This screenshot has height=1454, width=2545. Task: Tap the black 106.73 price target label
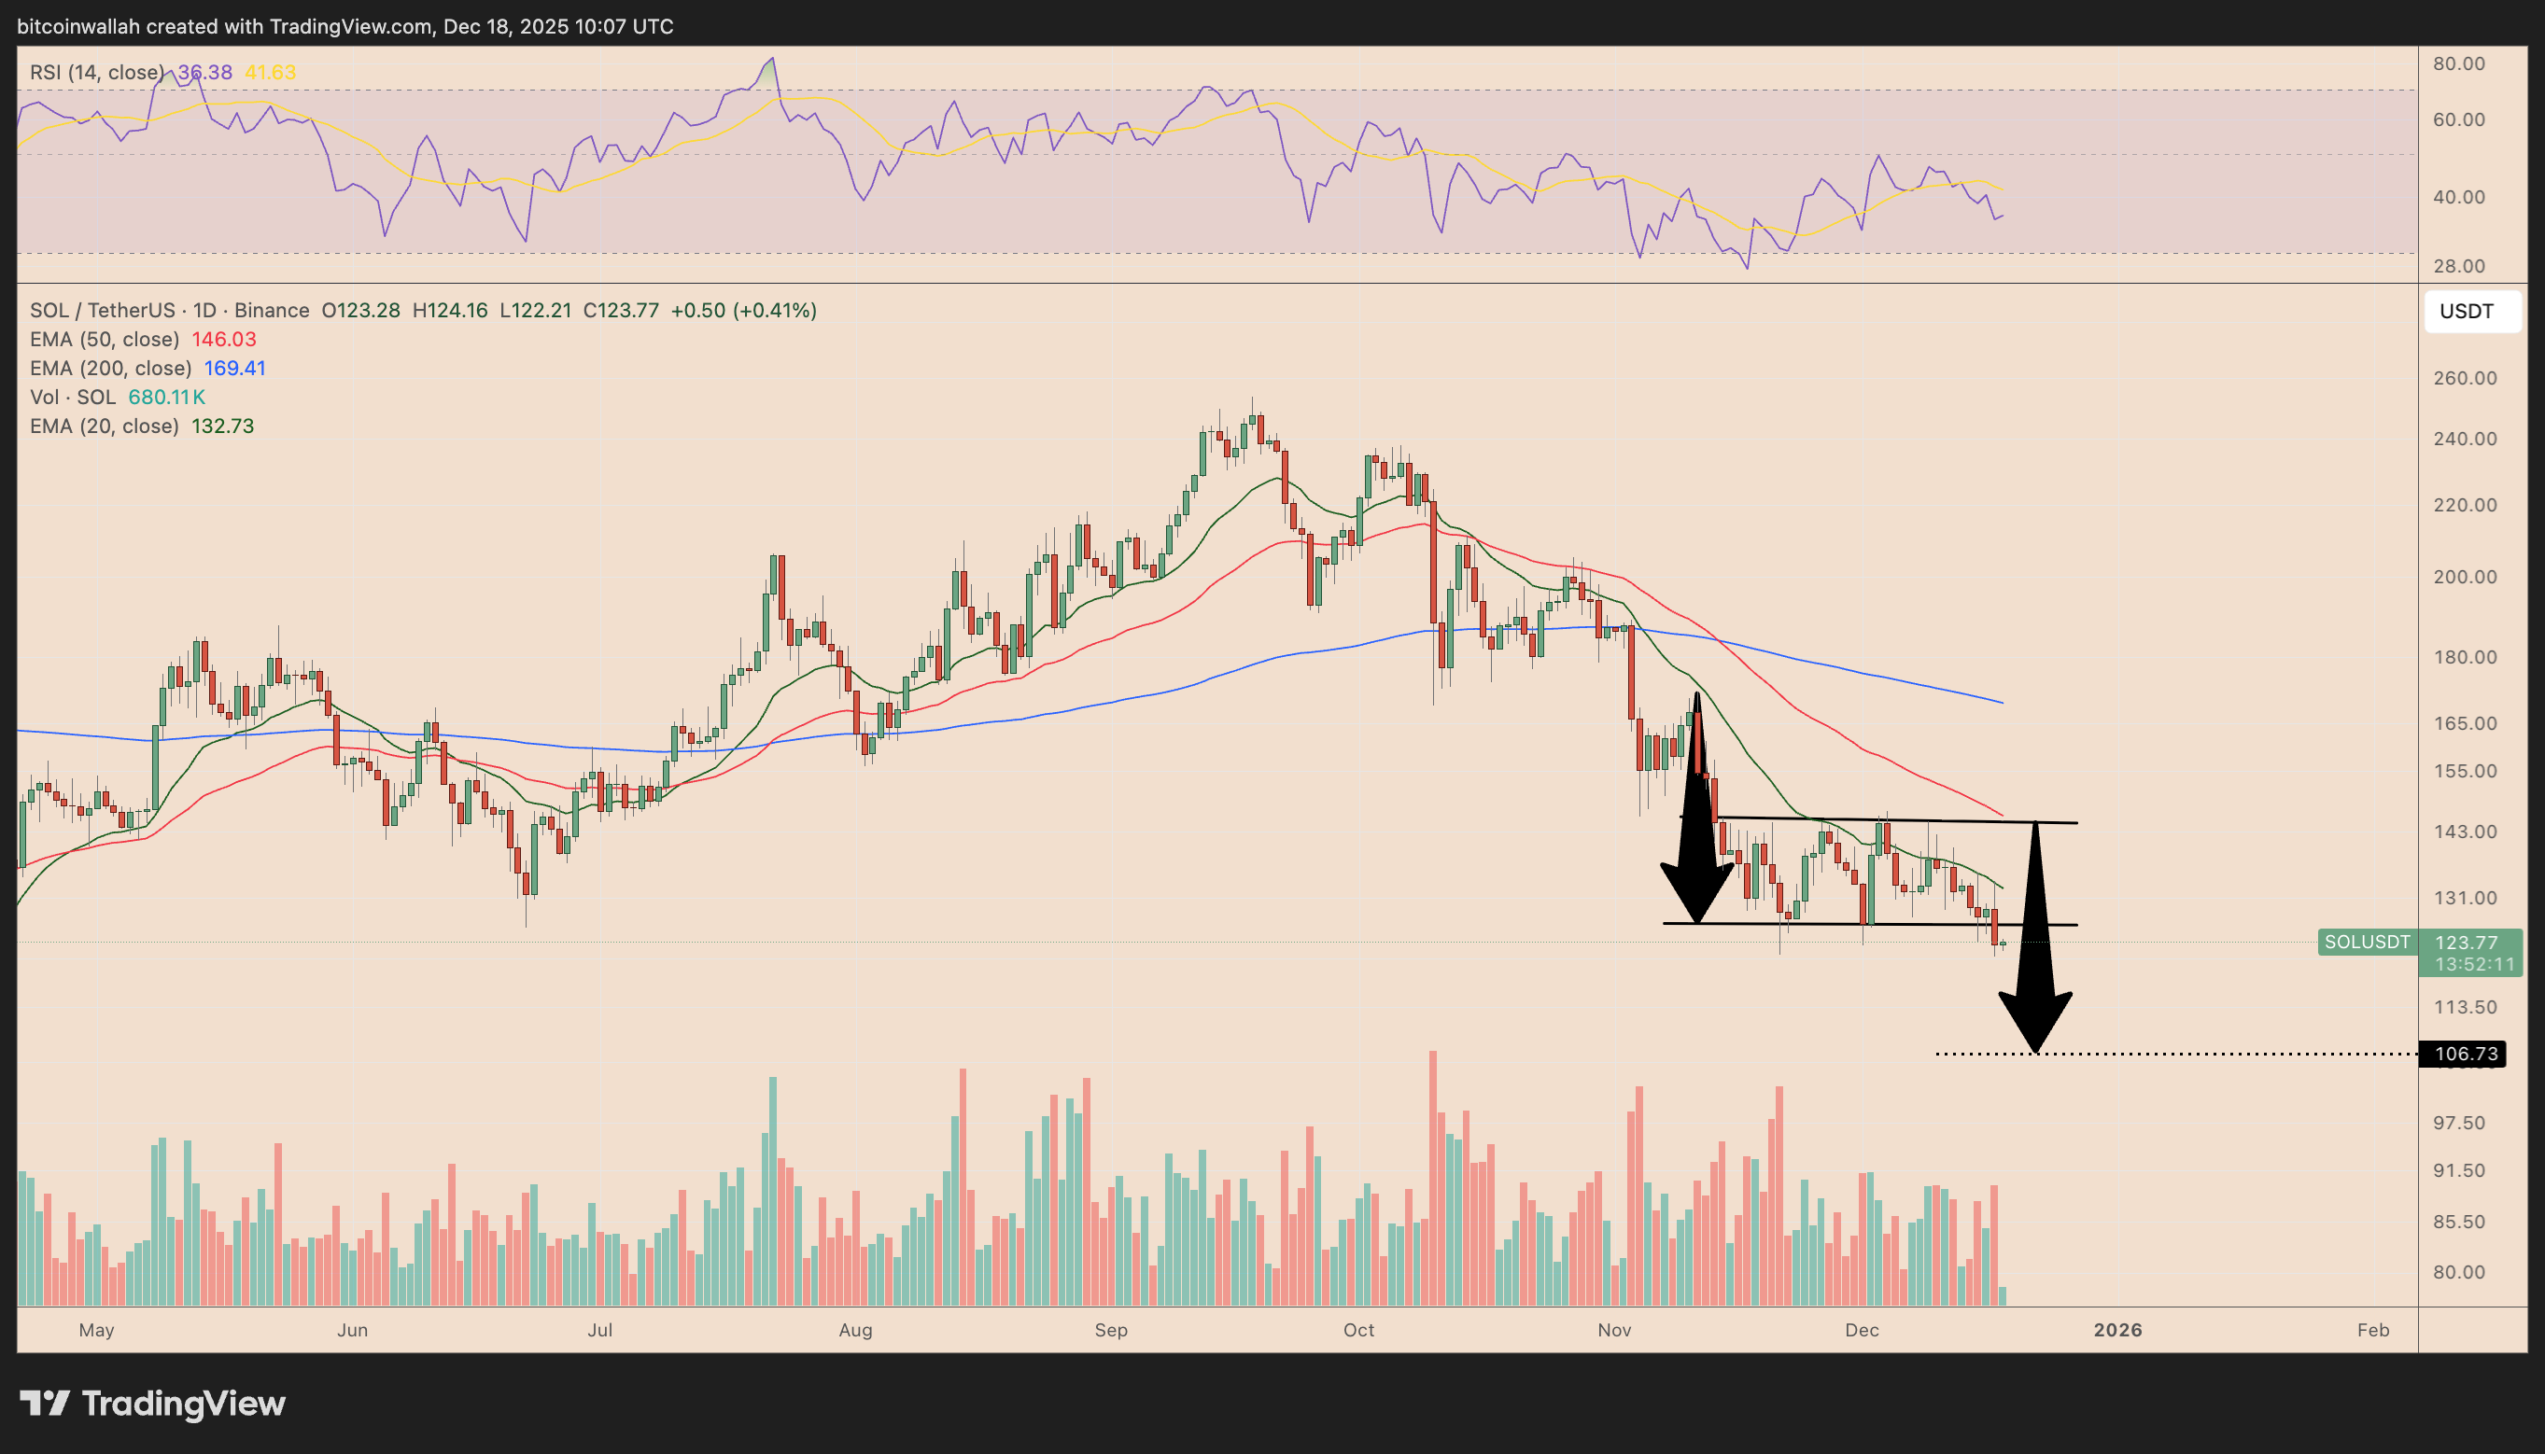pyautogui.click(x=2465, y=1054)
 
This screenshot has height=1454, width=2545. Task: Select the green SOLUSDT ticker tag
pyautogui.click(x=2366, y=942)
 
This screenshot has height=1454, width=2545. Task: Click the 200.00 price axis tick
pyautogui.click(x=2464, y=577)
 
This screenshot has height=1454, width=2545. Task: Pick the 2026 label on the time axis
pyautogui.click(x=2116, y=1330)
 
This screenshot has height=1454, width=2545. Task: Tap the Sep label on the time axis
pyautogui.click(x=1111, y=1330)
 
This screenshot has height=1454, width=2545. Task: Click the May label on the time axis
pyautogui.click(x=97, y=1330)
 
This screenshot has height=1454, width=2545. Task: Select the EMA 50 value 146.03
pyautogui.click(x=224, y=340)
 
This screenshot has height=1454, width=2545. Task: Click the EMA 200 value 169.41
pyautogui.click(x=234, y=369)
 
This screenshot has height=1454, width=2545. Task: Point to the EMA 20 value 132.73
pyautogui.click(x=223, y=426)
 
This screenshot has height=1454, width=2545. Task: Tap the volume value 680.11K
pyautogui.click(x=167, y=398)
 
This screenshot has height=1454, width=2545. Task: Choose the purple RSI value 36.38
pyautogui.click(x=205, y=73)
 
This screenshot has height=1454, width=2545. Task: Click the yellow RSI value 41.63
pyautogui.click(x=270, y=73)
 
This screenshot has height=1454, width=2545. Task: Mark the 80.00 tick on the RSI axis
pyautogui.click(x=2458, y=63)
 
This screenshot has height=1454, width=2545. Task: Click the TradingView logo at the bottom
pyautogui.click(x=153, y=1403)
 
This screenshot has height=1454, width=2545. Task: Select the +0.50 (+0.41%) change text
pyautogui.click(x=743, y=311)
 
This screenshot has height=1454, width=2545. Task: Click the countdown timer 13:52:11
pyautogui.click(x=2473, y=965)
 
